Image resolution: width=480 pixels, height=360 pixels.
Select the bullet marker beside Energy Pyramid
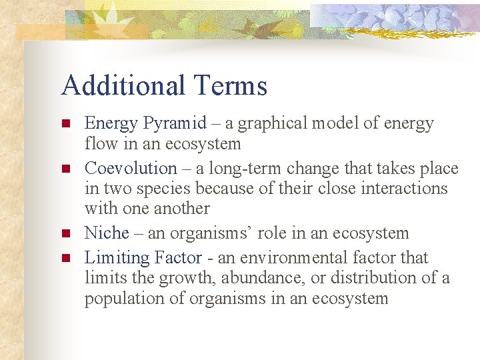click(x=65, y=124)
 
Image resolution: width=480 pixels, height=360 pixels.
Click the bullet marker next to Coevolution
click(x=65, y=169)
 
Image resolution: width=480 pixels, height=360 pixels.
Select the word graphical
click(x=279, y=123)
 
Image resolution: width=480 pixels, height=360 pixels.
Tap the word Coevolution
click(x=131, y=168)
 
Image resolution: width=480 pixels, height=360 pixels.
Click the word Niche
click(x=107, y=233)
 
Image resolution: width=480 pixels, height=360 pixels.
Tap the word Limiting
click(x=117, y=257)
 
